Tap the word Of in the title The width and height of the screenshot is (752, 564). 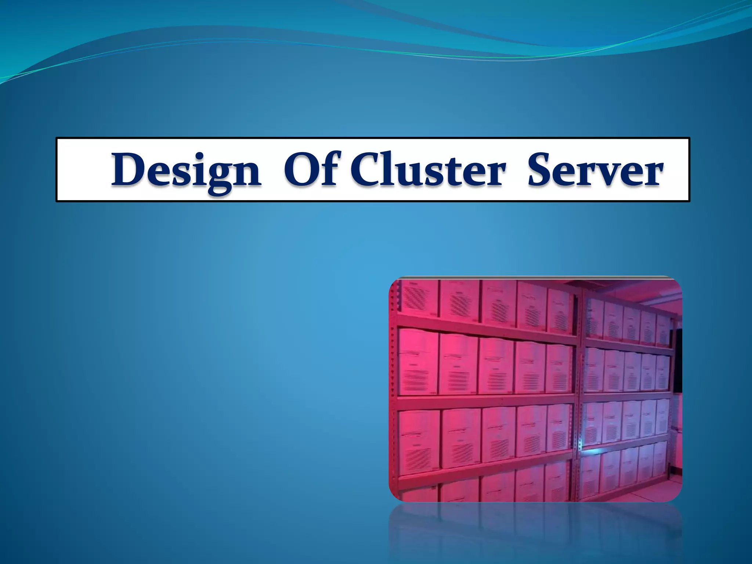click(x=310, y=170)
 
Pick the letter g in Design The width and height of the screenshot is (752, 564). click(x=219, y=176)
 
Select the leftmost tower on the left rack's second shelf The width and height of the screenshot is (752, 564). click(x=417, y=362)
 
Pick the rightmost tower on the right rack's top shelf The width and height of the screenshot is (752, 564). click(x=663, y=329)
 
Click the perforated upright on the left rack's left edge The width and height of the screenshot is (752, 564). click(x=393, y=386)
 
